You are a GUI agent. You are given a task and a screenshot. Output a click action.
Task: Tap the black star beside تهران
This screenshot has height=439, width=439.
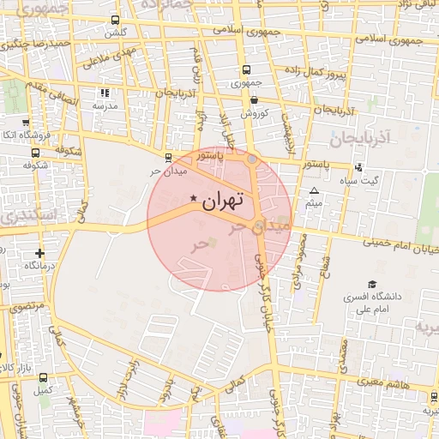point(192,200)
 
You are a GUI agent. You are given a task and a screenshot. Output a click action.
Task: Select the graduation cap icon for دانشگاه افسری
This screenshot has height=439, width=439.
point(372,284)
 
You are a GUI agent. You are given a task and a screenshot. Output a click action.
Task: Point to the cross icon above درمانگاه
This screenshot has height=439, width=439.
point(39,253)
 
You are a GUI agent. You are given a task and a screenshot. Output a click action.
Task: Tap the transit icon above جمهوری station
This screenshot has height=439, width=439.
point(247,70)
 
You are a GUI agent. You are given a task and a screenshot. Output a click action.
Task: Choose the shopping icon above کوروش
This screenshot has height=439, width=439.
point(255,99)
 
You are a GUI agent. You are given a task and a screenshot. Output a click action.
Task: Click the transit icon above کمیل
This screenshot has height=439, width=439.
point(44,377)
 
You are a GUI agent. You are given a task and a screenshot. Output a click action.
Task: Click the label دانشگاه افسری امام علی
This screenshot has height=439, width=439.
point(368,303)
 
